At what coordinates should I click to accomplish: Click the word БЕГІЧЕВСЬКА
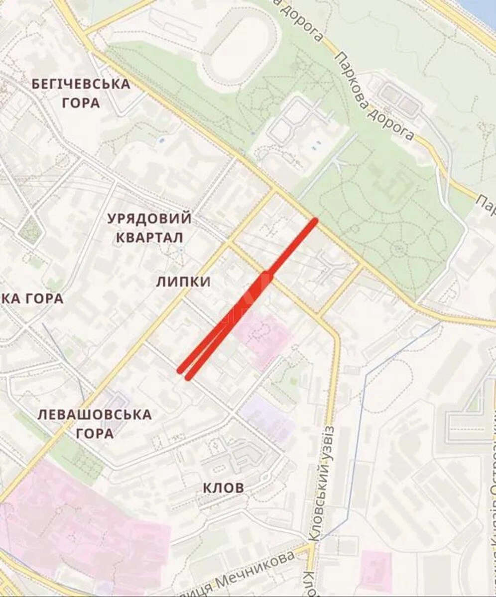coord(81,84)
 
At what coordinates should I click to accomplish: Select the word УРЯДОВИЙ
coord(149,218)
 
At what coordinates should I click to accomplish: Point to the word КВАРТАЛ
coord(149,237)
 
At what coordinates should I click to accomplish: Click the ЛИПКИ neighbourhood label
coord(183,282)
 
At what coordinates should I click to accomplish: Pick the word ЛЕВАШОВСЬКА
coord(95,414)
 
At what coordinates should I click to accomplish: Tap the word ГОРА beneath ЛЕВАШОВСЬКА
coord(95,434)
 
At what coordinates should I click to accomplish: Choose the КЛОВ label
coord(224,488)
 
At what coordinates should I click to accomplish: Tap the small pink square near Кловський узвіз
coord(376,570)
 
